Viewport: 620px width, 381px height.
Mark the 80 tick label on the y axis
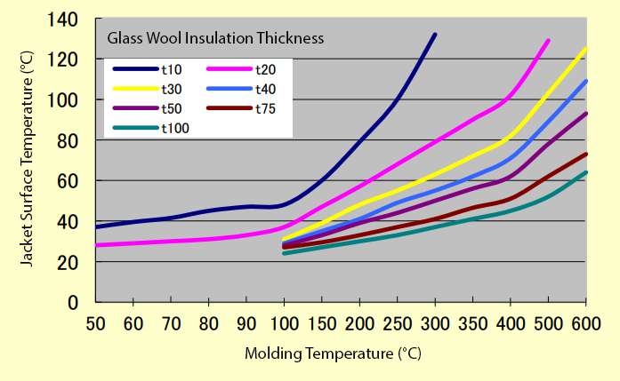tap(71, 140)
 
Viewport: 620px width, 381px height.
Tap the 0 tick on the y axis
tap(76, 302)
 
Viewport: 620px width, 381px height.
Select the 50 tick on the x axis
tap(96, 321)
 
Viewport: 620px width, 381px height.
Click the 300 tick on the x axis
tap(434, 321)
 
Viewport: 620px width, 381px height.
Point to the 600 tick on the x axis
tap(585, 321)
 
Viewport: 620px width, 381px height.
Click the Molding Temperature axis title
tap(333, 353)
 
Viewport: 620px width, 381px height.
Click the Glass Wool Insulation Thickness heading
tap(214, 38)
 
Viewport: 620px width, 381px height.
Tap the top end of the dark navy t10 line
tap(435, 35)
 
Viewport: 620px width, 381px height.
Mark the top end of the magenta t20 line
tap(548, 40)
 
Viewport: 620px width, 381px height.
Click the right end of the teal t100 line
tap(585, 172)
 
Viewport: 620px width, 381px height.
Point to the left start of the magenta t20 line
tap(96, 245)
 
